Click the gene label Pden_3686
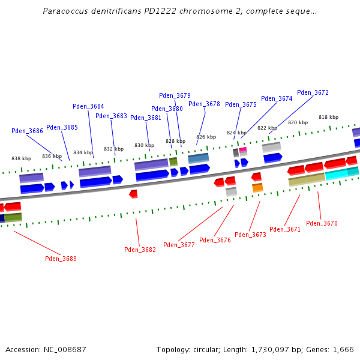(27, 131)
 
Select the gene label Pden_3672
(313, 93)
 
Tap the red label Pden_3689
(61, 259)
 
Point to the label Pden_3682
(140, 250)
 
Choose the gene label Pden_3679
(175, 96)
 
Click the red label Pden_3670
(322, 224)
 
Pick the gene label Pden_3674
(277, 99)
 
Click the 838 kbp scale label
(22, 159)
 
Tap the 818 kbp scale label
(328, 118)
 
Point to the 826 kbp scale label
(206, 137)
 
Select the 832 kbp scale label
(113, 149)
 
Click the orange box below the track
(257, 188)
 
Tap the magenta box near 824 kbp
(243, 150)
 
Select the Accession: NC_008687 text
(46, 349)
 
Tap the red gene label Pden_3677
(179, 245)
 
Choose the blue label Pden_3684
(88, 107)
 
